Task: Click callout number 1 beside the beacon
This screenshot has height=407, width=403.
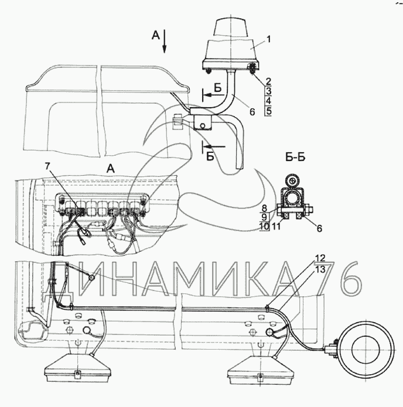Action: click(x=269, y=39)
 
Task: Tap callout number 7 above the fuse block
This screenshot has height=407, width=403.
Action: click(x=47, y=166)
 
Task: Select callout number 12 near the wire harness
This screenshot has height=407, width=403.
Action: click(x=320, y=258)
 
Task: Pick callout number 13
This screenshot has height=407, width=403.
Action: click(x=320, y=270)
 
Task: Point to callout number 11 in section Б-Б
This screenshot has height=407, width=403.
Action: click(x=276, y=227)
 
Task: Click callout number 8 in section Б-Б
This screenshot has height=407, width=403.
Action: click(x=264, y=208)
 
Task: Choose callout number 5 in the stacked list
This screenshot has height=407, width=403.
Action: click(x=268, y=111)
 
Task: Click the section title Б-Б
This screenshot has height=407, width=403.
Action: click(x=295, y=158)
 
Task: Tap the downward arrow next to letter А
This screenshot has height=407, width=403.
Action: click(x=164, y=41)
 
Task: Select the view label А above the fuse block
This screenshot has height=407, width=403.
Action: click(x=111, y=169)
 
